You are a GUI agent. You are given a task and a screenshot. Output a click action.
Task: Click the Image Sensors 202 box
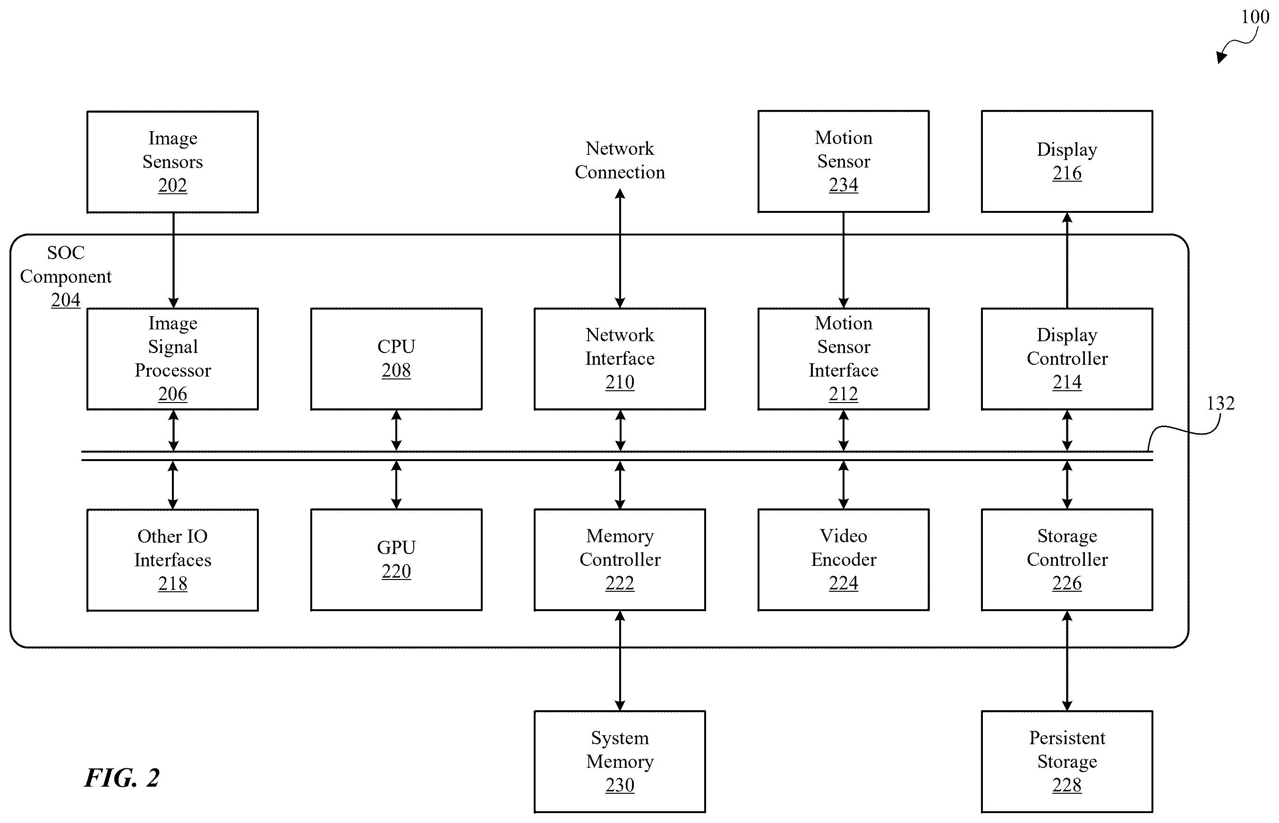click(x=173, y=162)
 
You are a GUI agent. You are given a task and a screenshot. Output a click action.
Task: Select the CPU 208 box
click(x=396, y=359)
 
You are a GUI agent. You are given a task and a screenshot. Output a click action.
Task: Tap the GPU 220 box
click(x=396, y=560)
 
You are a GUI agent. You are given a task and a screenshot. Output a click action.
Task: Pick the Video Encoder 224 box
click(x=843, y=560)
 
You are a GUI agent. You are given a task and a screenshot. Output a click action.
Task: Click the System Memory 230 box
click(x=620, y=762)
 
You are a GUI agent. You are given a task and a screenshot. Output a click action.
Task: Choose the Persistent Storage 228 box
click(x=1067, y=762)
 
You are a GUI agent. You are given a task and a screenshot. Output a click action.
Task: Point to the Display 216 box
click(x=1067, y=161)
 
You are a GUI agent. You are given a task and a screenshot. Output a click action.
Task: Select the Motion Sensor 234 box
click(x=843, y=161)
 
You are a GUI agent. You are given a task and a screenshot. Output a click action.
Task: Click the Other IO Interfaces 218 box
click(x=173, y=560)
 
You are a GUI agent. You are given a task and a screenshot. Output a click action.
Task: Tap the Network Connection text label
click(x=620, y=160)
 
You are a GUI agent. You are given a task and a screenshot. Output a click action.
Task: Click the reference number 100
click(x=1255, y=17)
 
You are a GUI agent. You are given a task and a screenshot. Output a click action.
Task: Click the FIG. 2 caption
click(x=122, y=778)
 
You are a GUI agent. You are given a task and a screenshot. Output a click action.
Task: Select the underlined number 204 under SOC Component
click(x=66, y=300)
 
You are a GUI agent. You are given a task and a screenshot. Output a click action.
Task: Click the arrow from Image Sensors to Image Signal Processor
click(x=173, y=260)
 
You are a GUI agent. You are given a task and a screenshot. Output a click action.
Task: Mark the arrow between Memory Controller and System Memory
click(x=620, y=661)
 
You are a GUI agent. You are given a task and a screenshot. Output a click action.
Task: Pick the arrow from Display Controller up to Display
click(x=1067, y=260)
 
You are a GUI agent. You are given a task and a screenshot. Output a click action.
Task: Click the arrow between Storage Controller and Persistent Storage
click(x=1067, y=661)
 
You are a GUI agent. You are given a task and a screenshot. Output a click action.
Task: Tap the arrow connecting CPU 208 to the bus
click(x=396, y=430)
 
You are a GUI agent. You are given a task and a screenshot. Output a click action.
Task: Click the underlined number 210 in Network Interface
click(x=620, y=382)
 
